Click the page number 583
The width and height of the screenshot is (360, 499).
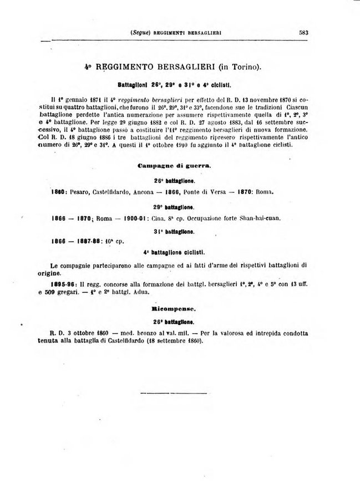[303, 32]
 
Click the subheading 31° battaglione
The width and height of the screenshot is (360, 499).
[174, 231]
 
